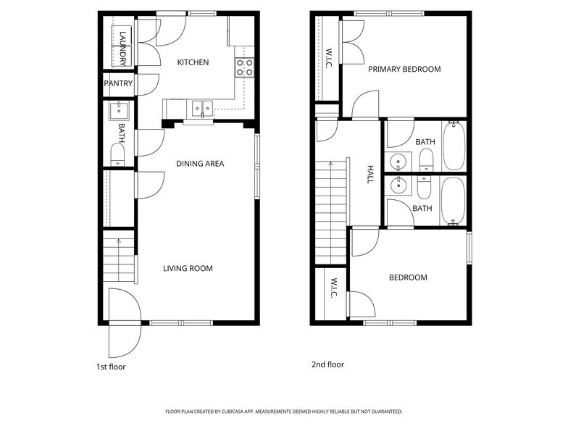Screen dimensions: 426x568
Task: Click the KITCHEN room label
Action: [193, 62]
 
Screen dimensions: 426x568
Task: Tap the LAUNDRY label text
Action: [123, 49]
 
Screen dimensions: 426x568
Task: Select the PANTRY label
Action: [118, 84]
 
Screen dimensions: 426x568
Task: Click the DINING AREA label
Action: [200, 164]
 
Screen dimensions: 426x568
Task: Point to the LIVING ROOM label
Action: [188, 269]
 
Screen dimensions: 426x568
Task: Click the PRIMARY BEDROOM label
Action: [404, 70]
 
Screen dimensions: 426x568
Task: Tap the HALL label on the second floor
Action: [369, 174]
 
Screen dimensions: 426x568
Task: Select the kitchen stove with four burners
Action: [244, 67]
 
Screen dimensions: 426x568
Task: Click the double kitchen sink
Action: [201, 109]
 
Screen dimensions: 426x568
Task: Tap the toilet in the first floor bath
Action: [117, 154]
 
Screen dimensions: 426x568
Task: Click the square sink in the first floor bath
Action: [117, 111]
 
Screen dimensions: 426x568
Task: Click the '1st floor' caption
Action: [111, 367]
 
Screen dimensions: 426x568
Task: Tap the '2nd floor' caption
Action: [327, 364]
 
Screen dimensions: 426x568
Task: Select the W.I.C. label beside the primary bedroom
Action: [328, 58]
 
